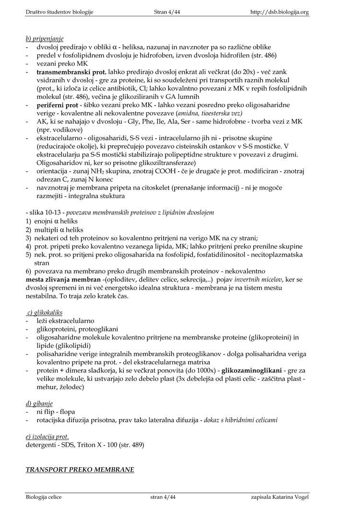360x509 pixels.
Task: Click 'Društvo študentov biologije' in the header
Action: coord(60,12)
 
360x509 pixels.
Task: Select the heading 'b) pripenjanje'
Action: coord(45,38)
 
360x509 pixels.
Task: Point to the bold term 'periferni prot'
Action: coord(57,105)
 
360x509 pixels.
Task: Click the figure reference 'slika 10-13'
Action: coord(45,212)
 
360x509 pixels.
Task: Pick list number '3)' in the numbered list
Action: coord(28,237)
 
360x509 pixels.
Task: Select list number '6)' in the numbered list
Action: coord(28,271)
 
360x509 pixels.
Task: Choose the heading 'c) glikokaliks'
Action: coord(45,312)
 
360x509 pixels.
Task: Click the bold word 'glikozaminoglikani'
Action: coord(253,370)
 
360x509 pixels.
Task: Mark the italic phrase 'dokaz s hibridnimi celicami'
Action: coord(240,420)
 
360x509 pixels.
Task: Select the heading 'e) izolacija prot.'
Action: coord(47,437)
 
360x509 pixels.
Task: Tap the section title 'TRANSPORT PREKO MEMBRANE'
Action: coord(80,469)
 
